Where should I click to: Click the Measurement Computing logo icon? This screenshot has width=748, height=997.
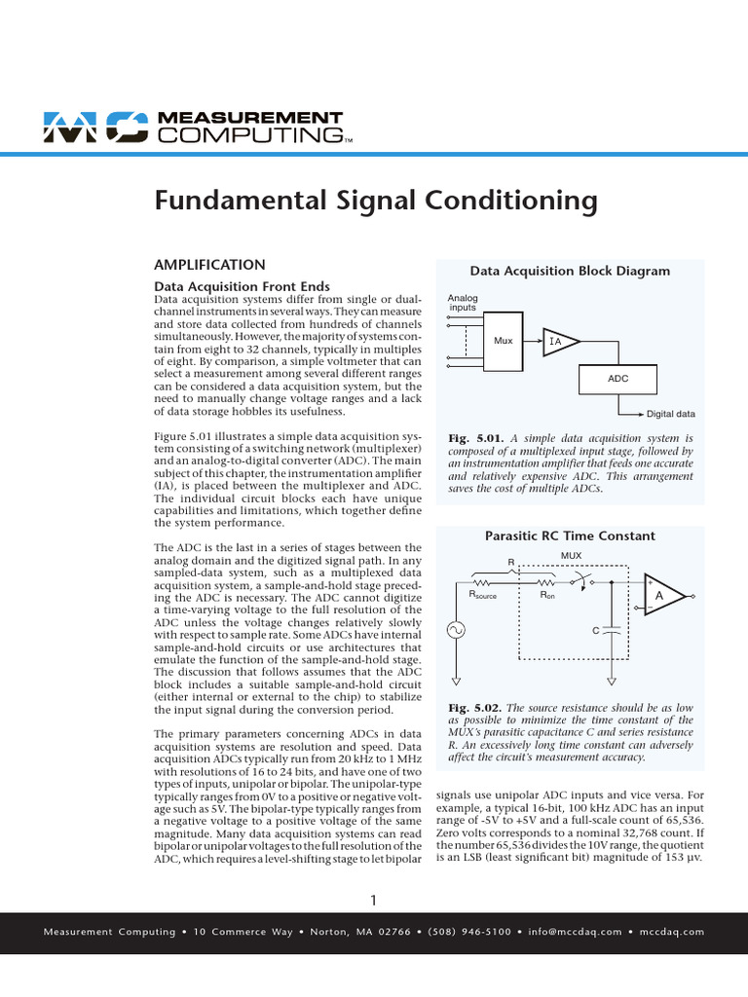point(93,127)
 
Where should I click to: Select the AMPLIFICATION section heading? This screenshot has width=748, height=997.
point(210,264)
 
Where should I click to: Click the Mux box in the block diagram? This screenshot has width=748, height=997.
point(504,341)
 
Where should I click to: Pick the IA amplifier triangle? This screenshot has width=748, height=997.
point(559,341)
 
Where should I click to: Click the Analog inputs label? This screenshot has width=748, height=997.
point(462,302)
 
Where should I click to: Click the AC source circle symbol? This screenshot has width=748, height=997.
point(456,631)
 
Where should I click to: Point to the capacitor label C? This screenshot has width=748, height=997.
point(595,631)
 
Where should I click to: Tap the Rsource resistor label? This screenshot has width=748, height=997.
point(482,594)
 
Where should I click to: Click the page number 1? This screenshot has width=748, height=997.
point(374,898)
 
